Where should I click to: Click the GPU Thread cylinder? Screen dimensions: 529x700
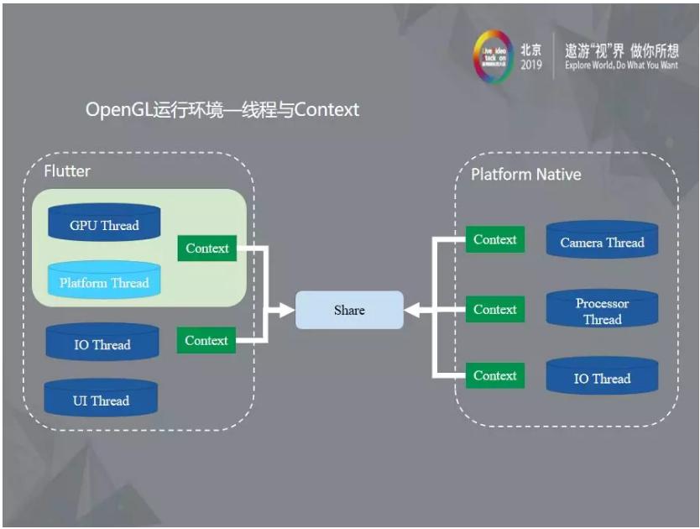click(x=104, y=224)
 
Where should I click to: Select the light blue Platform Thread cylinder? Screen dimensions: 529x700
click(x=104, y=282)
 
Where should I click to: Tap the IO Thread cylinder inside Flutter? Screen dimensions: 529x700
click(x=102, y=344)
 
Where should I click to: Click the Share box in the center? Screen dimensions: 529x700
click(x=349, y=310)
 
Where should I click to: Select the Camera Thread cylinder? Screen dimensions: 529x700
click(x=602, y=242)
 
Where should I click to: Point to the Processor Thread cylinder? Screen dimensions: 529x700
click(x=602, y=311)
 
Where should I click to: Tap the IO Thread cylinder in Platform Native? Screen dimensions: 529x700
click(x=602, y=378)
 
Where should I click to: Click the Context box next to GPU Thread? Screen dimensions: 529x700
click(x=207, y=248)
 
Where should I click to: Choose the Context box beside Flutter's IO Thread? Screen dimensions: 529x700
click(x=206, y=340)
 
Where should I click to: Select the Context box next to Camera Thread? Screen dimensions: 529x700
click(x=495, y=239)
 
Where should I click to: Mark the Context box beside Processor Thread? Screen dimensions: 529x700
click(x=495, y=309)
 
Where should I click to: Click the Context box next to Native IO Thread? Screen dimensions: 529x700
click(x=495, y=375)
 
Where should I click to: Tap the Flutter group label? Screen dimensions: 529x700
click(x=67, y=171)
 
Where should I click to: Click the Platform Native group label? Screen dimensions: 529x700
click(x=525, y=175)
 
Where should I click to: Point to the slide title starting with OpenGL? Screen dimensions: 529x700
click(x=222, y=110)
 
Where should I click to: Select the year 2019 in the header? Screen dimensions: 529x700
click(x=530, y=65)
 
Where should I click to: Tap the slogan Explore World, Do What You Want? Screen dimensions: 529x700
click(x=621, y=65)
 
